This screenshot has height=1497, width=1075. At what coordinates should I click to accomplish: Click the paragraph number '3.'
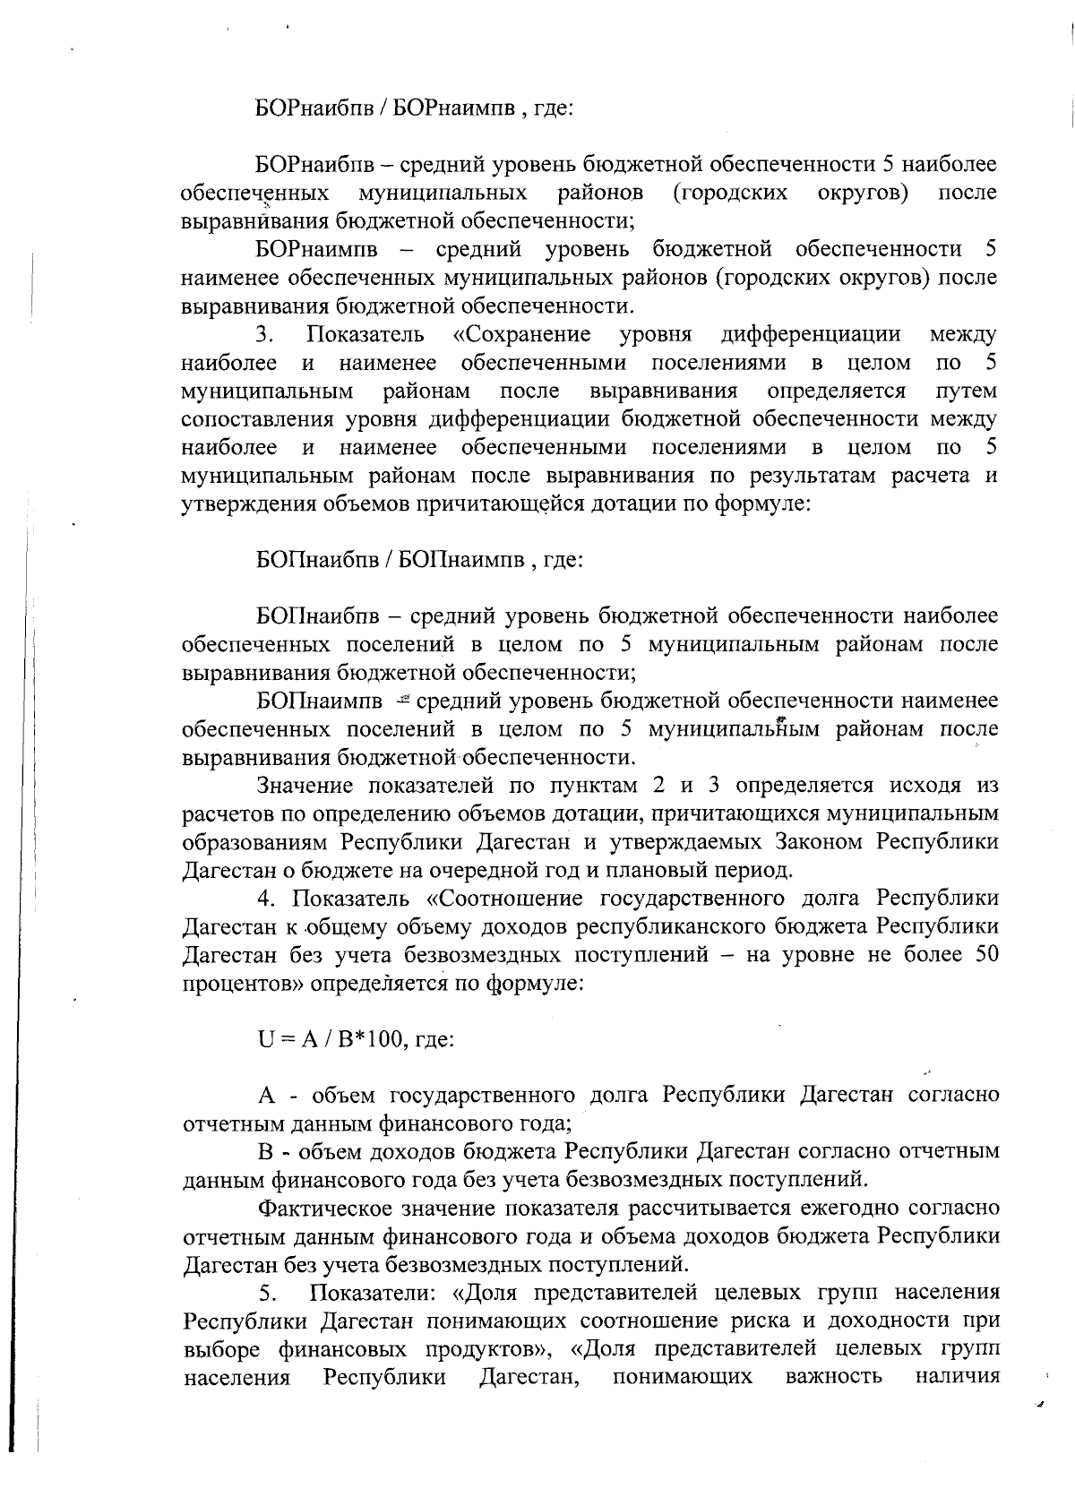264,335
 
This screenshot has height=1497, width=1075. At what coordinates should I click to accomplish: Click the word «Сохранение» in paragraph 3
521,335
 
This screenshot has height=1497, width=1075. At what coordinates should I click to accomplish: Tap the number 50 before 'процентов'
980,954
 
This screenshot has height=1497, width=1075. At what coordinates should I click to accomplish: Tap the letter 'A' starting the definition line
265,1095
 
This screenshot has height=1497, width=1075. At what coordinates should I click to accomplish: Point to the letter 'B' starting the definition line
265,1150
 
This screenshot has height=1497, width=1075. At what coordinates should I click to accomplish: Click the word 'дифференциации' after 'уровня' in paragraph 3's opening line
811,335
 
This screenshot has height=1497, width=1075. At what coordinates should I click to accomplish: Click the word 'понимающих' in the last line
682,1376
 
